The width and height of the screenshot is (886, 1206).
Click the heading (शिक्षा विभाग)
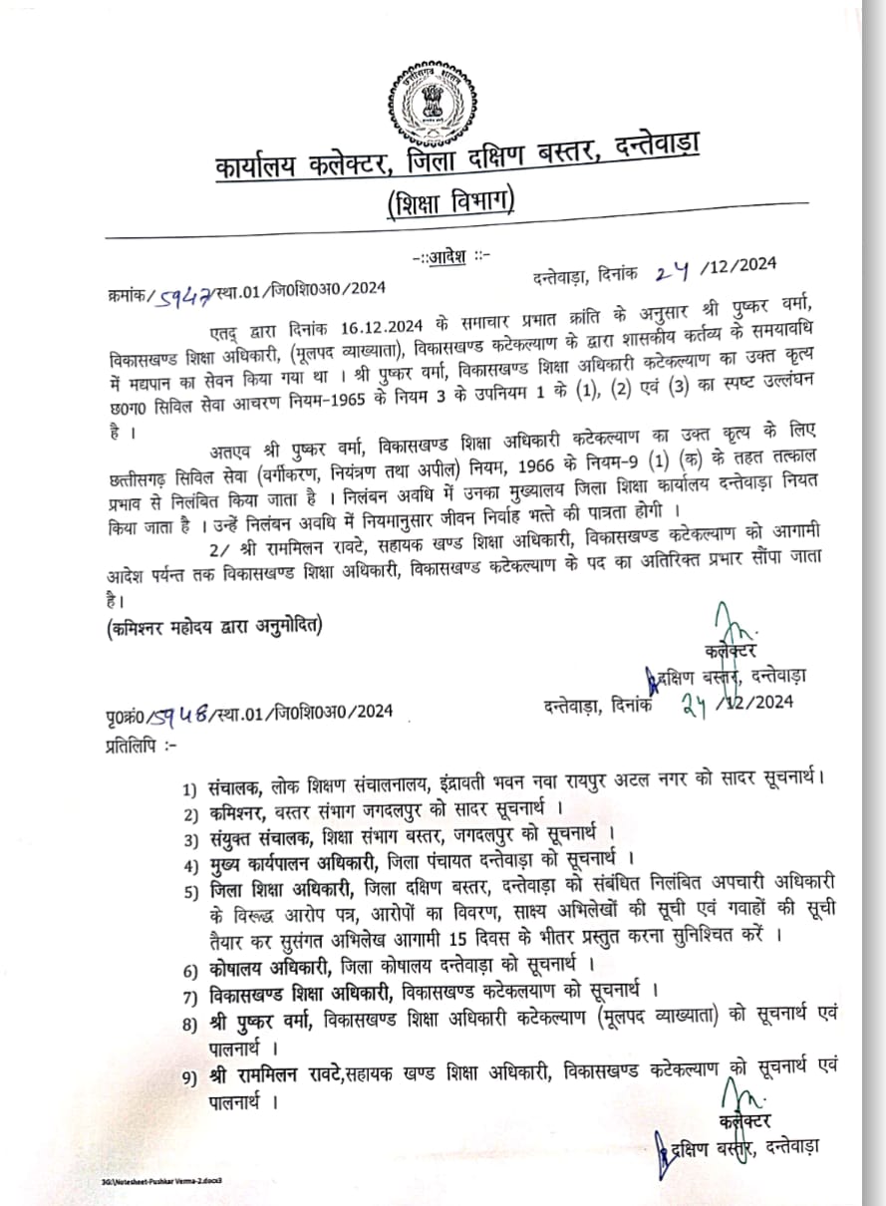click(451, 202)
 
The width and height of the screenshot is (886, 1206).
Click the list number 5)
click(191, 891)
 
